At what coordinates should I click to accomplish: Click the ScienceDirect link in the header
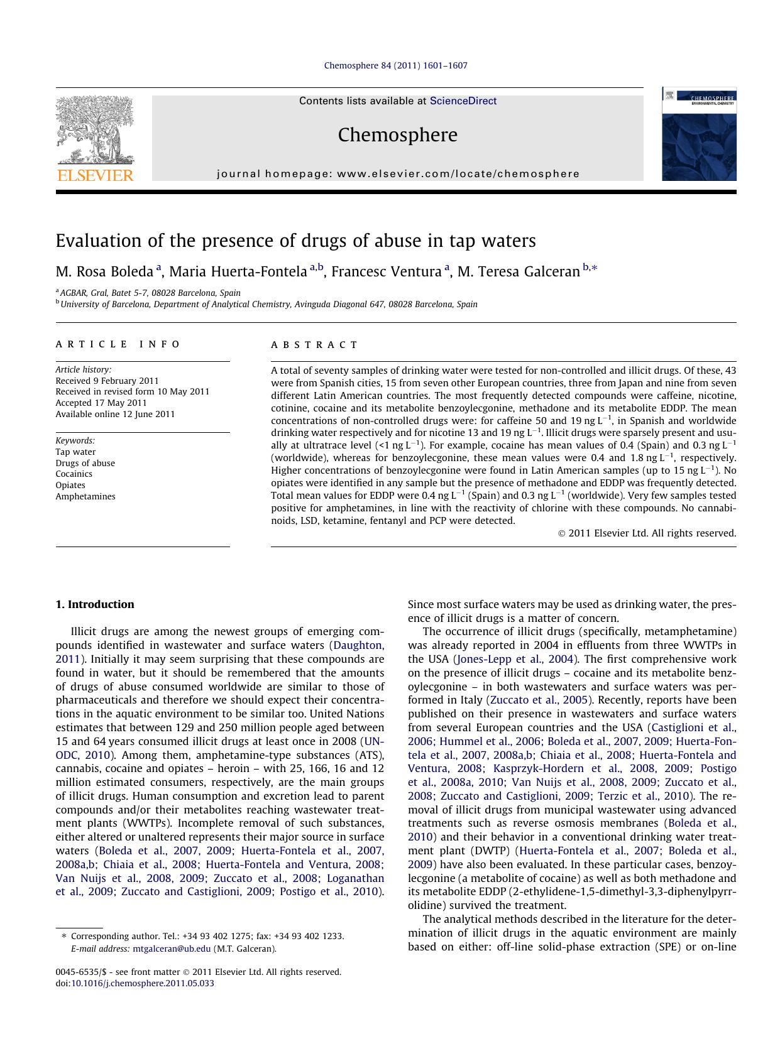463,101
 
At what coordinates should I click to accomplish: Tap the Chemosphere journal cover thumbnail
698,134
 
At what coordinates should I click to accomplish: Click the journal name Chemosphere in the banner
397,135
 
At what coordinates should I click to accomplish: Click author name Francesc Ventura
386,272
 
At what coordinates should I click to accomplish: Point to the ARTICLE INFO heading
118,344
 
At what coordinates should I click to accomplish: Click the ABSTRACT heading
314,345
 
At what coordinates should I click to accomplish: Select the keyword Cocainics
74,474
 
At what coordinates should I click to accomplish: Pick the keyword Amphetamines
85,497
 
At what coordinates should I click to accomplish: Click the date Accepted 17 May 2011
101,403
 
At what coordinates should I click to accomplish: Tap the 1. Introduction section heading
95,605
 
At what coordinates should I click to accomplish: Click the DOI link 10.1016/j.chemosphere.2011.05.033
142,984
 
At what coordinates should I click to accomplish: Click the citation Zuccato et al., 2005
539,700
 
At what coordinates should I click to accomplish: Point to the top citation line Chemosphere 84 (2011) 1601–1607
395,65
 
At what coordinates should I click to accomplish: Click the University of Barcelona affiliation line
268,305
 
